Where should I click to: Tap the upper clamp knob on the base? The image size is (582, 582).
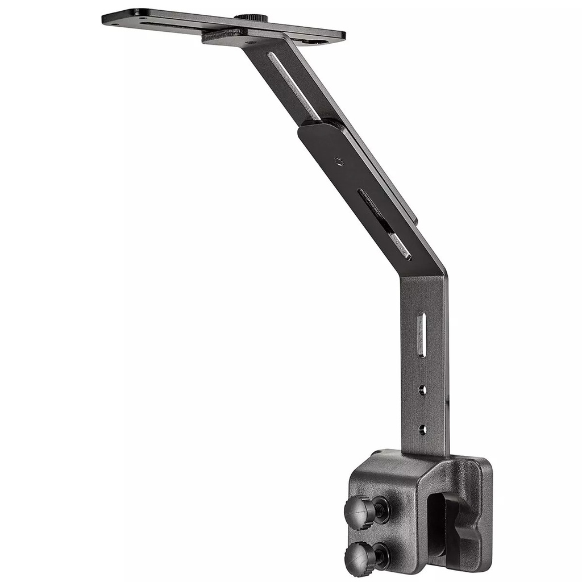click(x=357, y=511)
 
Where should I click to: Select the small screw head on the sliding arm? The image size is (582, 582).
click(x=339, y=161)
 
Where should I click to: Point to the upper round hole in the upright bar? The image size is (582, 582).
click(x=422, y=390)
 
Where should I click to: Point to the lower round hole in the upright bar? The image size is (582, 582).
click(x=422, y=429)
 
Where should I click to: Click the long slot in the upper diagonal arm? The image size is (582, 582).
click(x=293, y=85)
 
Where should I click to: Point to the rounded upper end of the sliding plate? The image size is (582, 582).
click(x=318, y=128)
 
